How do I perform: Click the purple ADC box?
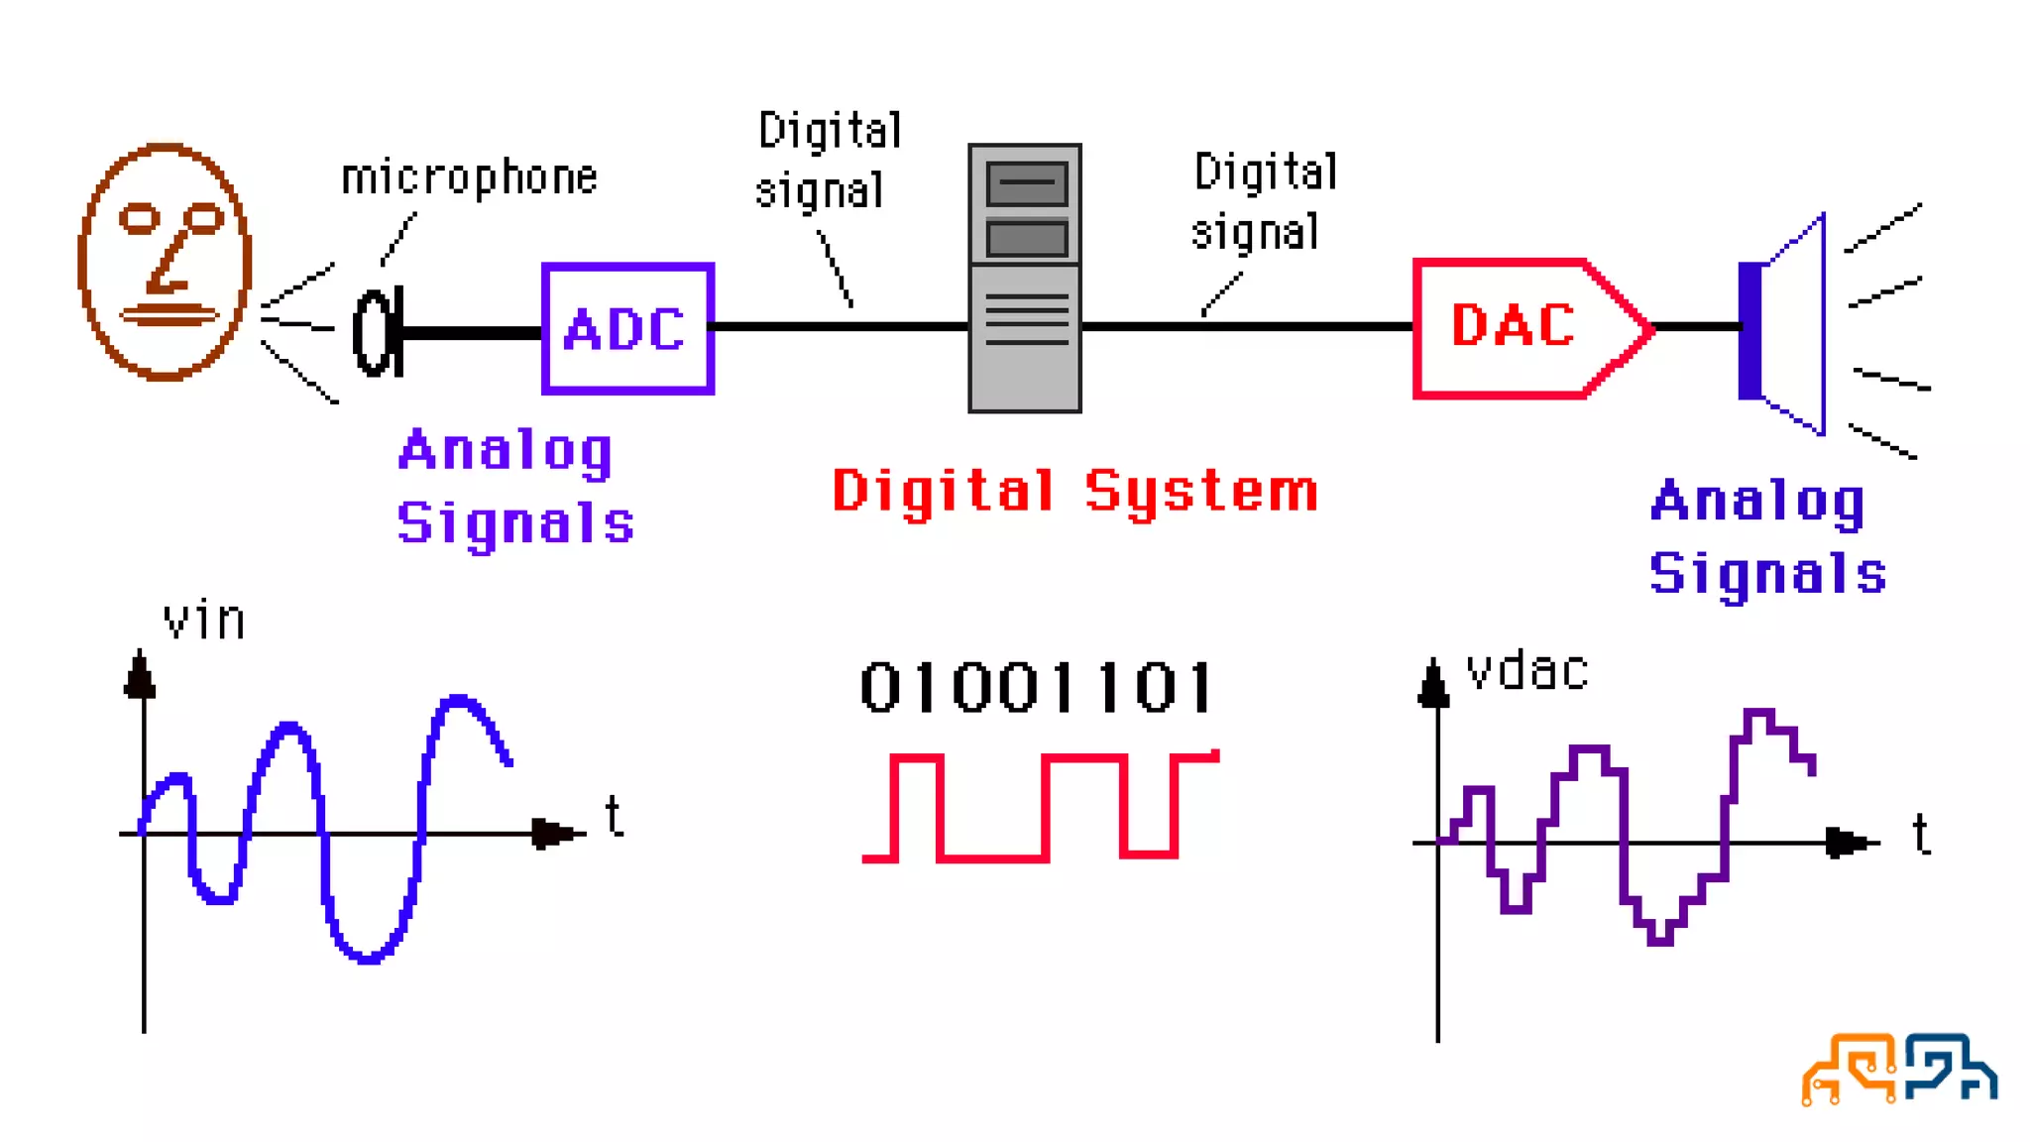point(627,328)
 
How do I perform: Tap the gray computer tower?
point(1025,279)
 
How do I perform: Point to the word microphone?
point(469,178)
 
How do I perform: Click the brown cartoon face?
point(165,262)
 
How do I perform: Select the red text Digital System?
point(1075,491)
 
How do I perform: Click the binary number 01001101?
point(1037,688)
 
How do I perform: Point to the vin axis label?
point(203,622)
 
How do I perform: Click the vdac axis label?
point(1527,672)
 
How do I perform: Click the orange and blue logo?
point(1898,1069)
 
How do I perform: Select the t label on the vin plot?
point(615,817)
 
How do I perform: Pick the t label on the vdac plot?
point(1921,834)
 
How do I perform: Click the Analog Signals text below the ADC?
point(514,487)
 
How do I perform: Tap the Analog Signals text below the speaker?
point(1767,537)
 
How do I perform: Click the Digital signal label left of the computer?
point(827,161)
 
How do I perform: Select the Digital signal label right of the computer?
point(1263,202)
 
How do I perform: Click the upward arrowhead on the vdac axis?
point(1433,684)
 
